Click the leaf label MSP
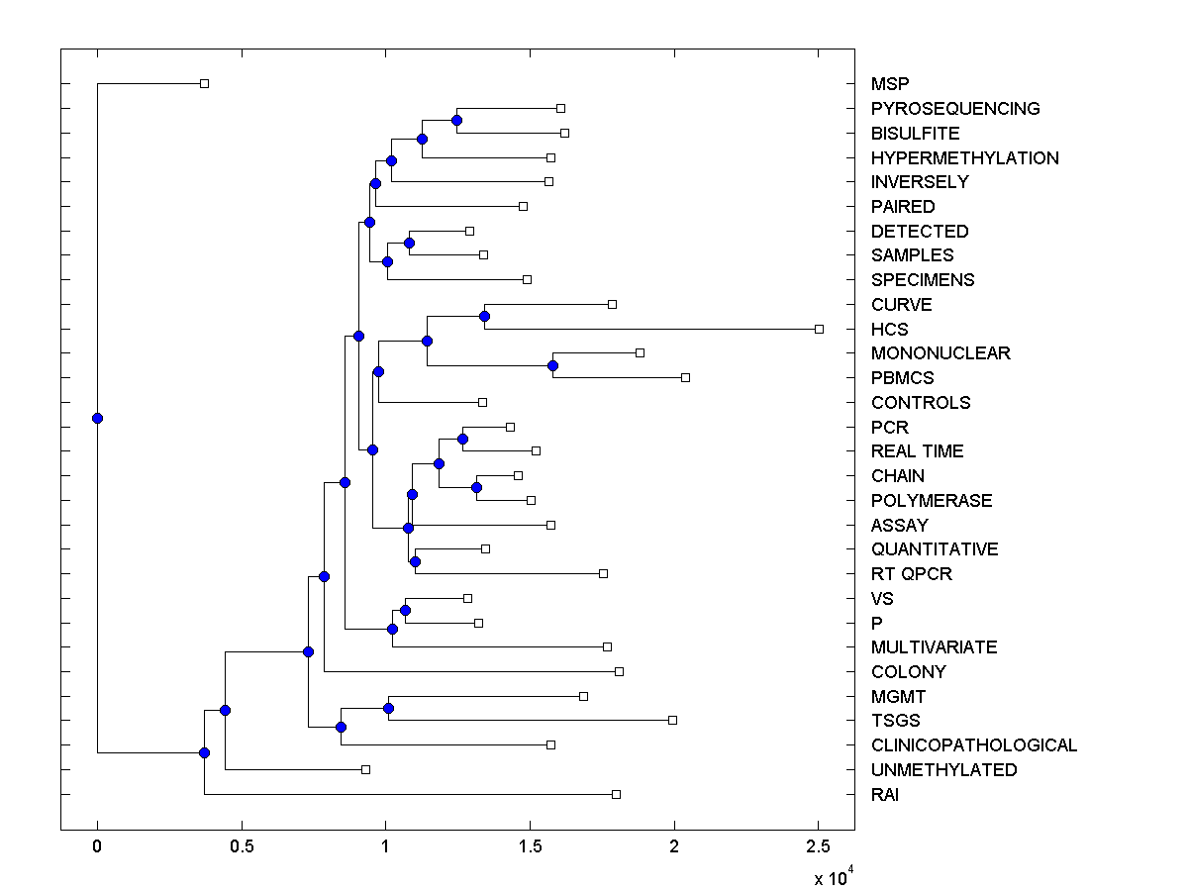coord(889,84)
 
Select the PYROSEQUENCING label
coord(955,109)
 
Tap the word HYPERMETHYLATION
coord(964,157)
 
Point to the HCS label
coord(889,329)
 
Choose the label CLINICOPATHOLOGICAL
coord(973,745)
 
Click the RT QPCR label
coord(911,574)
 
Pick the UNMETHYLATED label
coord(943,770)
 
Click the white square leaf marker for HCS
coord(819,329)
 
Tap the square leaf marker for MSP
coord(204,84)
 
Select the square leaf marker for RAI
coord(616,794)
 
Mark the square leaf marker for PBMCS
coord(685,377)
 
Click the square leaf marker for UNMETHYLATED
coord(365,769)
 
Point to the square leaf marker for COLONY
coord(619,671)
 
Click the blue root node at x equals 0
coord(97,418)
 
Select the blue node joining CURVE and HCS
coord(484,316)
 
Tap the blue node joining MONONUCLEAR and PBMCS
coord(552,365)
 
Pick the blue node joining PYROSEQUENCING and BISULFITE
coord(456,121)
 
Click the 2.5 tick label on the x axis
coord(818,846)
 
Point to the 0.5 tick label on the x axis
coord(242,846)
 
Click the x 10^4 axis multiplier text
coord(833,877)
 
